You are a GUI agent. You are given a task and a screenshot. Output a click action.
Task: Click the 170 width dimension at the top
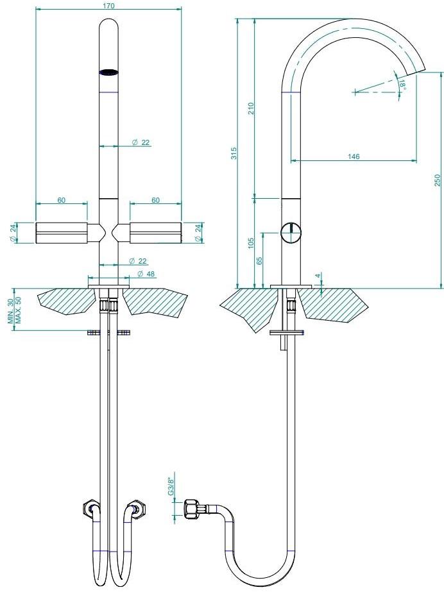coord(108,6)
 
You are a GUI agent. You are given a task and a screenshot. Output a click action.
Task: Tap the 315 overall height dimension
coord(234,153)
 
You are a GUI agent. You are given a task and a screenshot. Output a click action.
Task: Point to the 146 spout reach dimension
coord(354,156)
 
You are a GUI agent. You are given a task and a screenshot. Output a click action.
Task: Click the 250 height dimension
coord(437,180)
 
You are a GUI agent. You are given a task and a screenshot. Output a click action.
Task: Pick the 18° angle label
coord(402,84)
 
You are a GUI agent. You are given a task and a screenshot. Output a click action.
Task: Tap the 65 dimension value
coord(259,261)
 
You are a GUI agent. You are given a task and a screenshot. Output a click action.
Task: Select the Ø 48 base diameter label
coord(146,274)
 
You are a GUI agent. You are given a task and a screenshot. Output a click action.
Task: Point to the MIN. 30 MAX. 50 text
coord(15,310)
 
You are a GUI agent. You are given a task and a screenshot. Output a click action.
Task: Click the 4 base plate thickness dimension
coord(318,276)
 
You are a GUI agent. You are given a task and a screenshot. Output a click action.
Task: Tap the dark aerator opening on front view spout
coord(108,72)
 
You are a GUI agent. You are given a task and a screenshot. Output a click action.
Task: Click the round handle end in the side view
coord(291,233)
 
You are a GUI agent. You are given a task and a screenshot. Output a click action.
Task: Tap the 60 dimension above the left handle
coord(62,200)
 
